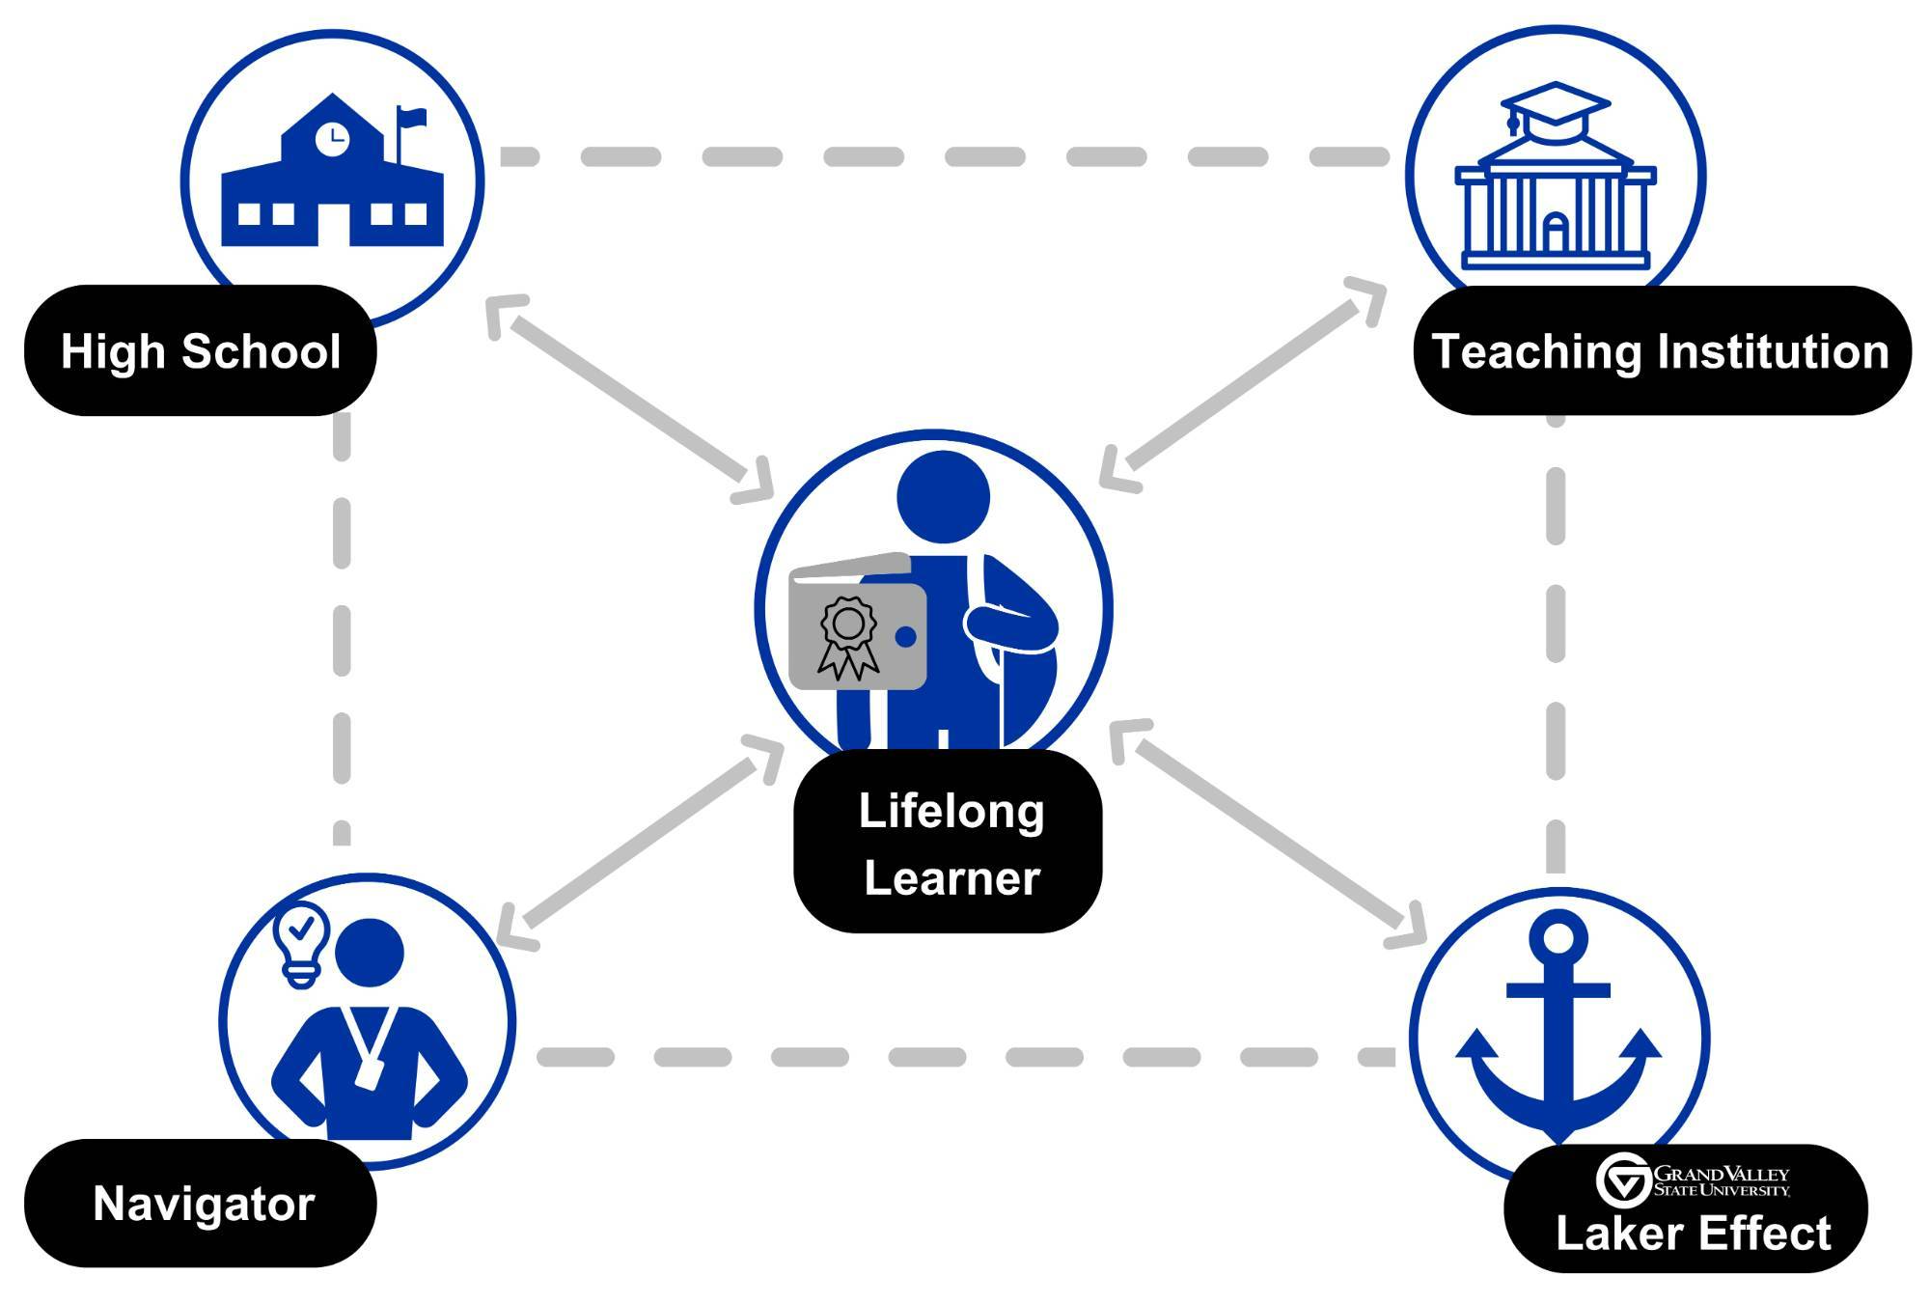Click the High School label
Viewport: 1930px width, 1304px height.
(x=201, y=351)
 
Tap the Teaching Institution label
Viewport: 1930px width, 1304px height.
(x=1660, y=351)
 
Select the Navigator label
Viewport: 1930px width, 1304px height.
(x=203, y=1204)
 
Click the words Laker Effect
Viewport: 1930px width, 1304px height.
(x=1693, y=1234)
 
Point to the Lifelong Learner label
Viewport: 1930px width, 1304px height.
(x=950, y=844)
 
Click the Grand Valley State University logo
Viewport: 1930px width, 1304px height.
(x=1693, y=1179)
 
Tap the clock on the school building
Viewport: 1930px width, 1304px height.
(x=332, y=138)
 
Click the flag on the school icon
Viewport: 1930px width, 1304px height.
(x=412, y=118)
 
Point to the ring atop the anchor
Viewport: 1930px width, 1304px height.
(x=1558, y=936)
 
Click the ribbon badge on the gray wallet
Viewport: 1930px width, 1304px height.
(x=847, y=637)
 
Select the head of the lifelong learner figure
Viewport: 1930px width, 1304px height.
(x=943, y=497)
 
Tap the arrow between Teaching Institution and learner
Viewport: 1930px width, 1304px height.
(x=1244, y=384)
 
